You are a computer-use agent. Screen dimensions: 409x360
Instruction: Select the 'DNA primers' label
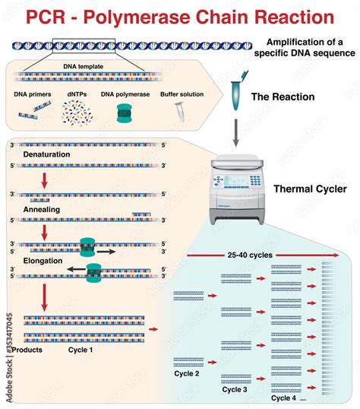click(x=34, y=95)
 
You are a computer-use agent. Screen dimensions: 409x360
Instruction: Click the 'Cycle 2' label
click(x=187, y=373)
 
